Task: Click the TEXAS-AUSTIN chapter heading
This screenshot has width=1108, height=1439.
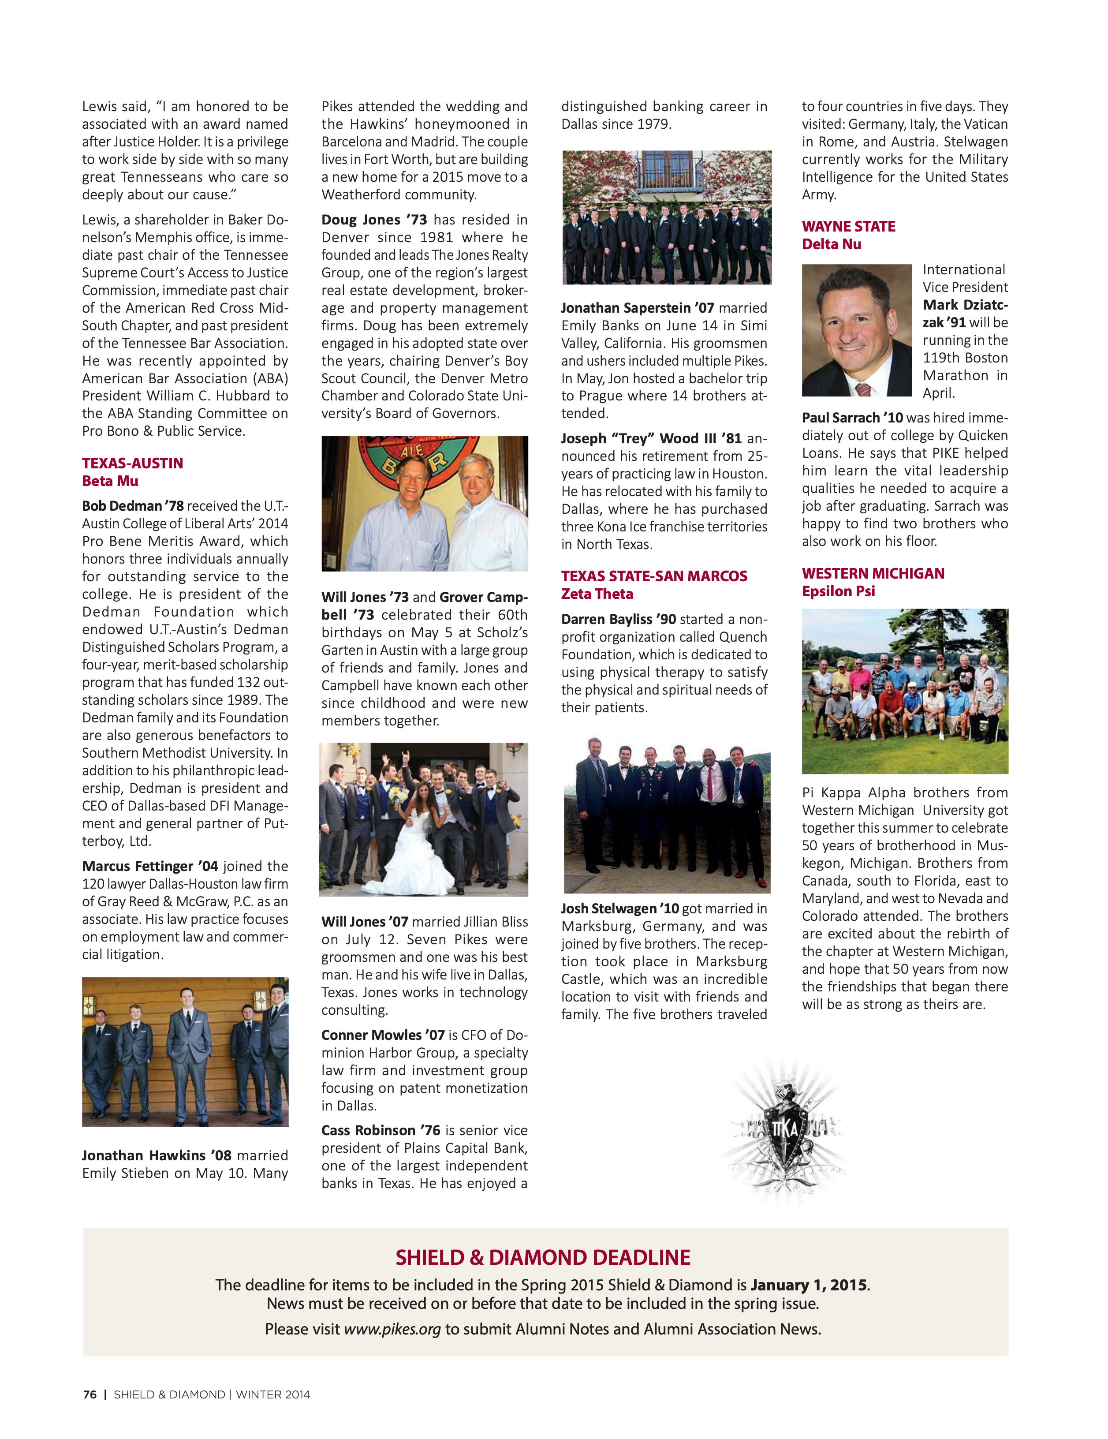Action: pos(132,463)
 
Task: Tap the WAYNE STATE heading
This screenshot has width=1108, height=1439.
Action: pos(848,227)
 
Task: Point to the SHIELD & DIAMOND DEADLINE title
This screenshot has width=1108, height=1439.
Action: pos(542,1258)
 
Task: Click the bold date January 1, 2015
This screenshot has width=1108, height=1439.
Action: pos(808,1285)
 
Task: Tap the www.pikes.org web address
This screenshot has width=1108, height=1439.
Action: pos(392,1329)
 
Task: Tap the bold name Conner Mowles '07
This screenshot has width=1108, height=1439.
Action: pos(383,1035)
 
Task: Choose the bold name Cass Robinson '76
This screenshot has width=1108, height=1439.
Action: pos(380,1130)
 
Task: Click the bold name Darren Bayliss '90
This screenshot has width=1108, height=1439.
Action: pos(618,619)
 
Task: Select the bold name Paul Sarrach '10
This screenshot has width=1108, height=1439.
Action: pos(852,418)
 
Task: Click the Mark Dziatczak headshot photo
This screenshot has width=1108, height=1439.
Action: pos(856,331)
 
